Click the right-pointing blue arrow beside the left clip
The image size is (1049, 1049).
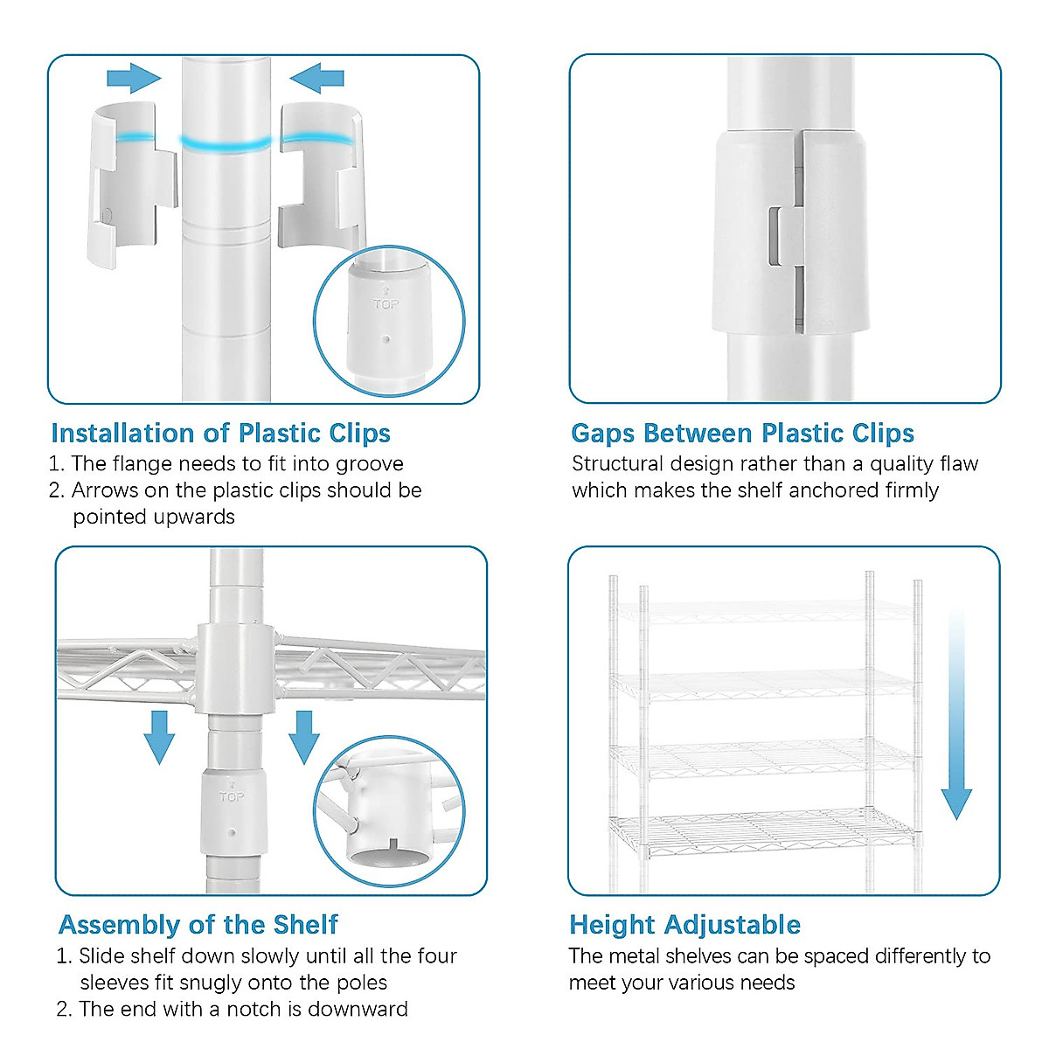(x=134, y=79)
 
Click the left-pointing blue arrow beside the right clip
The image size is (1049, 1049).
(x=316, y=79)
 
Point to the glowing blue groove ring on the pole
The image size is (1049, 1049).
(x=226, y=144)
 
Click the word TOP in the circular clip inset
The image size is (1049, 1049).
(x=386, y=303)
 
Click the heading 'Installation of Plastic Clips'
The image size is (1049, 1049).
(x=220, y=434)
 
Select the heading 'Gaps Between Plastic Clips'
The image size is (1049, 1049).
(x=742, y=434)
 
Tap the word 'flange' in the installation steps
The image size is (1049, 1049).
(x=142, y=464)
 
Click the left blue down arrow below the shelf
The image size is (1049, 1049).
(x=159, y=738)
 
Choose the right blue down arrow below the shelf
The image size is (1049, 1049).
(x=304, y=738)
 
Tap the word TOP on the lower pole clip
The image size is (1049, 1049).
(x=232, y=797)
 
